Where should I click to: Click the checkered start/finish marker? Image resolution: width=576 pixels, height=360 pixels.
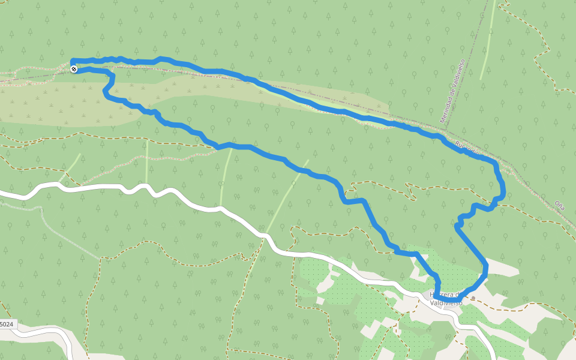pos(74,70)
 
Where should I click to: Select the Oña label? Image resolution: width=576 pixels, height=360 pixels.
pos(560,205)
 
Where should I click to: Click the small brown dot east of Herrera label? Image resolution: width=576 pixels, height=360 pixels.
pos(473,298)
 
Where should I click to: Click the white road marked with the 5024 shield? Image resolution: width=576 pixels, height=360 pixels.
pos(42,331)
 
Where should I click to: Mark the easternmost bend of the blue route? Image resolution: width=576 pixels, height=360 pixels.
pos(503,191)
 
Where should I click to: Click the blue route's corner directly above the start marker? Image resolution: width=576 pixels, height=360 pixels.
pos(73,61)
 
